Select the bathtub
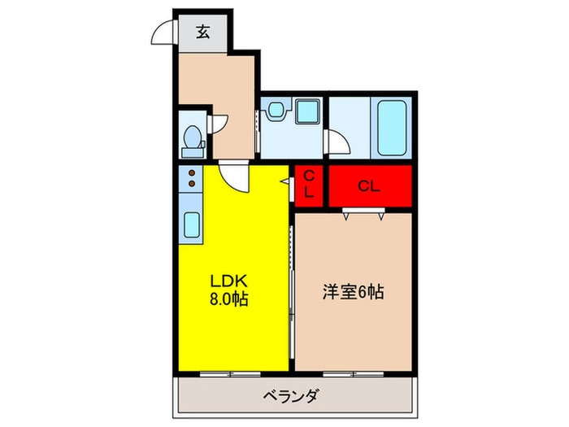click(391, 128)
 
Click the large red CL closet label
click(368, 186)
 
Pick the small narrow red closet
click(311, 186)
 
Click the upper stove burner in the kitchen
click(192, 172)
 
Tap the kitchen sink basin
click(193, 223)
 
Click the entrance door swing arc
click(163, 33)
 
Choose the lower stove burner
click(192, 184)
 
